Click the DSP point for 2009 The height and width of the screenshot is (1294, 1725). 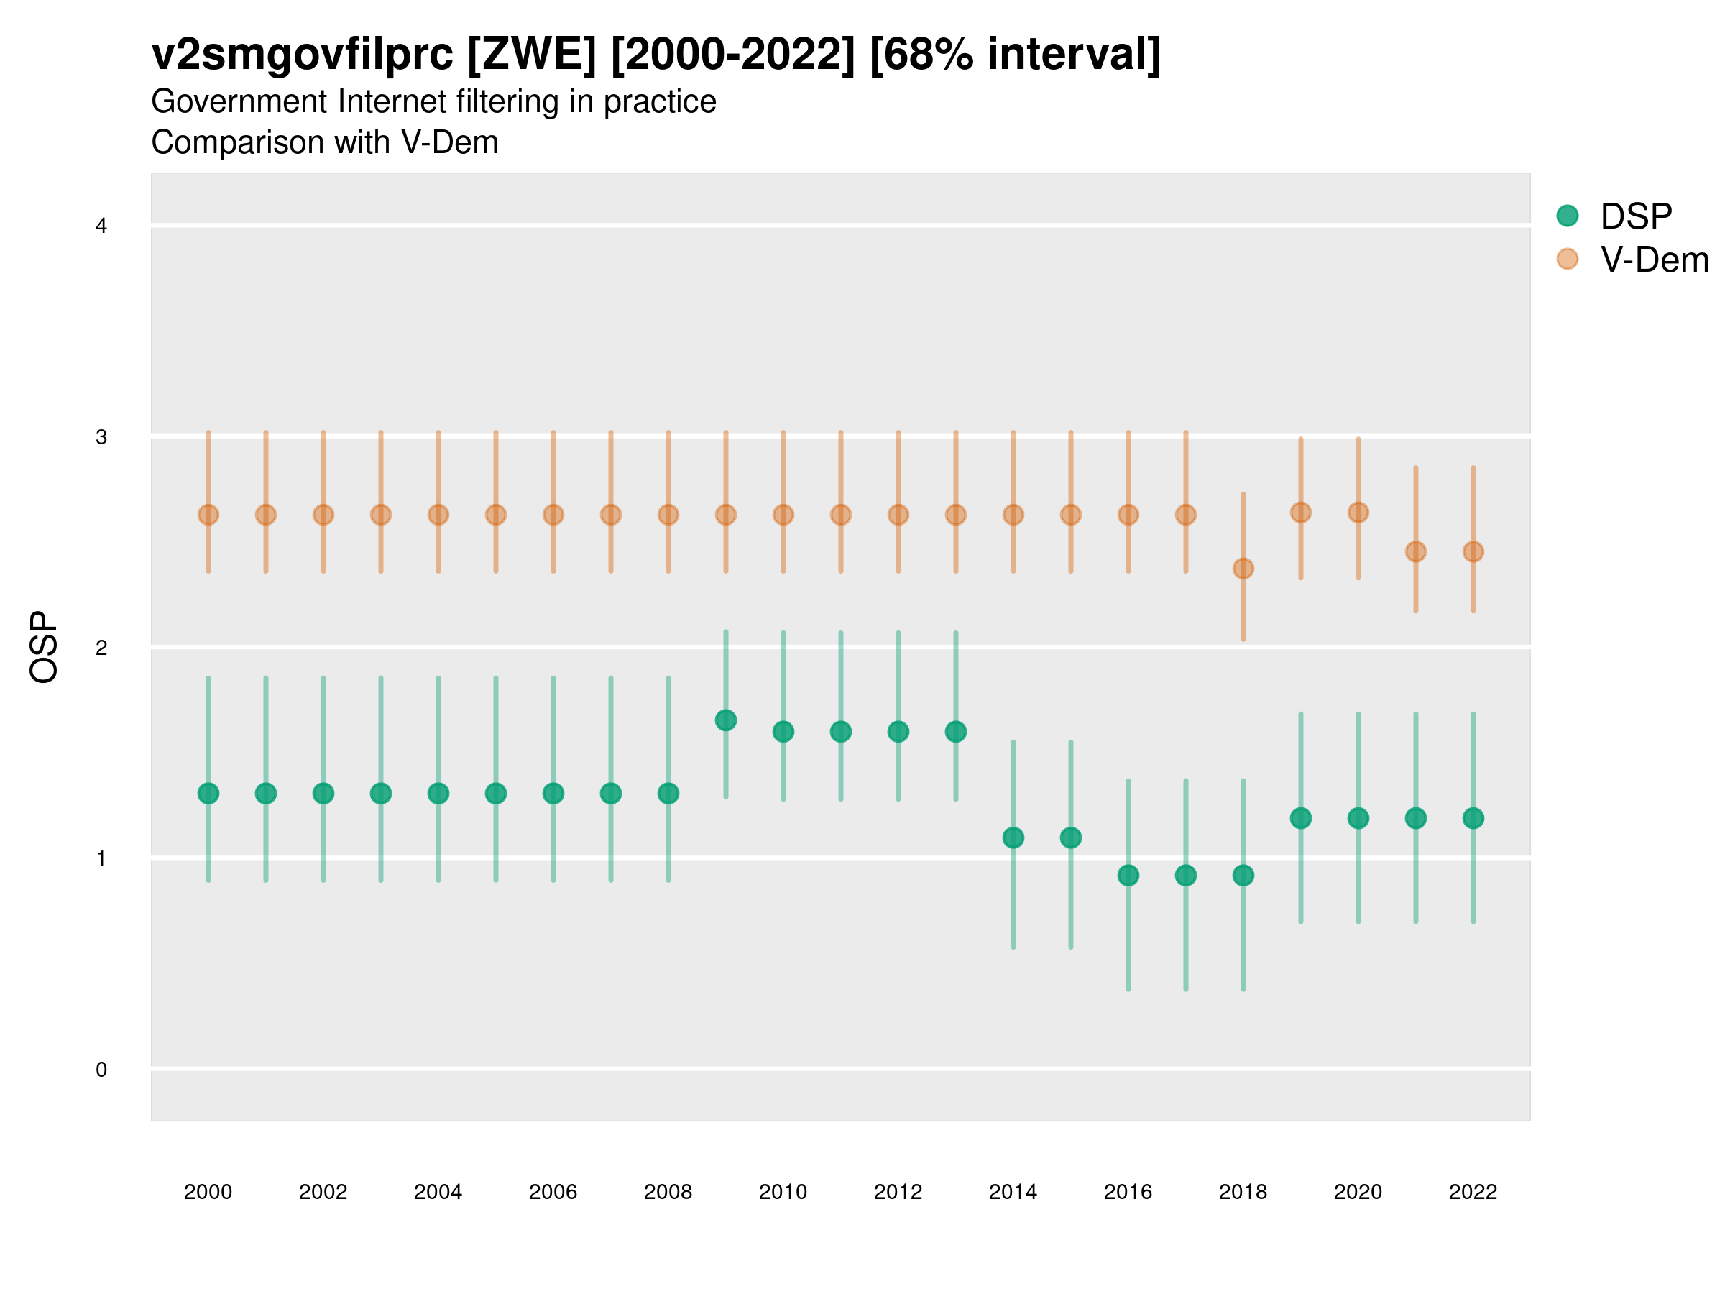[725, 720]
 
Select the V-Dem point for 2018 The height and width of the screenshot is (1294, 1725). [1243, 569]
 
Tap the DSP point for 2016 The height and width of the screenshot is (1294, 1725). [1128, 875]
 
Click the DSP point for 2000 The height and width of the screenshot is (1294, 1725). [208, 793]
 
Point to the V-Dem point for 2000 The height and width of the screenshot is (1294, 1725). [208, 515]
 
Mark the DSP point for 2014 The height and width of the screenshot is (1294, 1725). [1013, 838]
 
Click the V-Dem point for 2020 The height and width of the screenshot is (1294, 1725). [1358, 513]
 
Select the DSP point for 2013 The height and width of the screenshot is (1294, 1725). [955, 732]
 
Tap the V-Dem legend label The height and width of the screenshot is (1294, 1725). [1654, 260]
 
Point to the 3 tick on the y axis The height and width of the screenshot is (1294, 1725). [101, 437]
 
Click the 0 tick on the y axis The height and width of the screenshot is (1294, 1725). [101, 1070]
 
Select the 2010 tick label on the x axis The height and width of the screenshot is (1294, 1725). [783, 1192]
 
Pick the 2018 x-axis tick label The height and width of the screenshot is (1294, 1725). [1243, 1192]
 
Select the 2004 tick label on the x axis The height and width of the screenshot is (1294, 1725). [438, 1192]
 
